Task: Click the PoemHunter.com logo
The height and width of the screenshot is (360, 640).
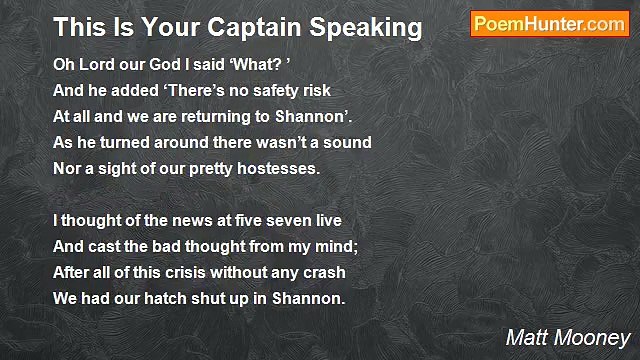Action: tap(549, 25)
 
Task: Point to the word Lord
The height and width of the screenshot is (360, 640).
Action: tap(93, 64)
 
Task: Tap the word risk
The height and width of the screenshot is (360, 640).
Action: tap(313, 90)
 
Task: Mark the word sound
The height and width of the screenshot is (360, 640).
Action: tap(350, 142)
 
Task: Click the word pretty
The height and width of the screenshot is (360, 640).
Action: tap(206, 168)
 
